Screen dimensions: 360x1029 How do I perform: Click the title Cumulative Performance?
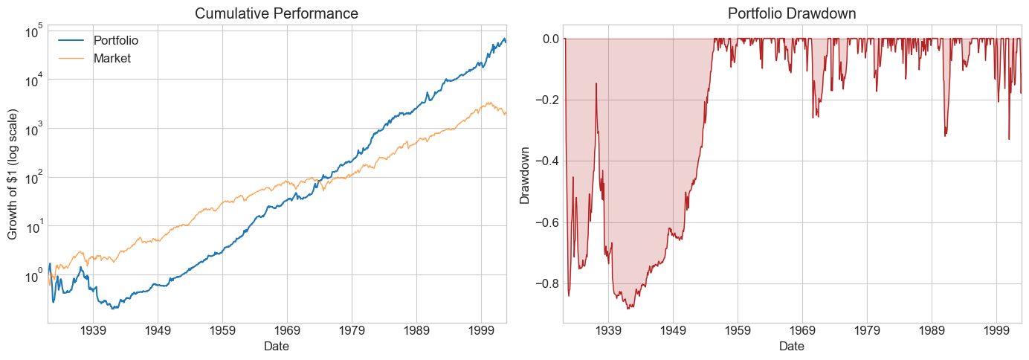pyautogui.click(x=276, y=13)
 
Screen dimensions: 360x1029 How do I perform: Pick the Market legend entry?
pyautogui.click(x=111, y=58)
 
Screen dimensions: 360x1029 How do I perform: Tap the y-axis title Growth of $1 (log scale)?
pyautogui.click(x=13, y=174)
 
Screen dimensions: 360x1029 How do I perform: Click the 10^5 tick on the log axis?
pyautogui.click(x=33, y=31)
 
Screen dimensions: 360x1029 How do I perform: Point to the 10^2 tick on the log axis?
pyautogui.click(x=33, y=178)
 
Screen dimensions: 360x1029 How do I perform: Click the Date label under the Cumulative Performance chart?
pyautogui.click(x=276, y=347)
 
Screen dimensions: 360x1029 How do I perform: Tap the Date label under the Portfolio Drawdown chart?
pyautogui.click(x=792, y=347)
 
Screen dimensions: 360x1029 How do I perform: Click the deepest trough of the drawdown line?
pyautogui.click(x=630, y=308)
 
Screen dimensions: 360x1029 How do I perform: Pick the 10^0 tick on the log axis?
pyautogui.click(x=33, y=275)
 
